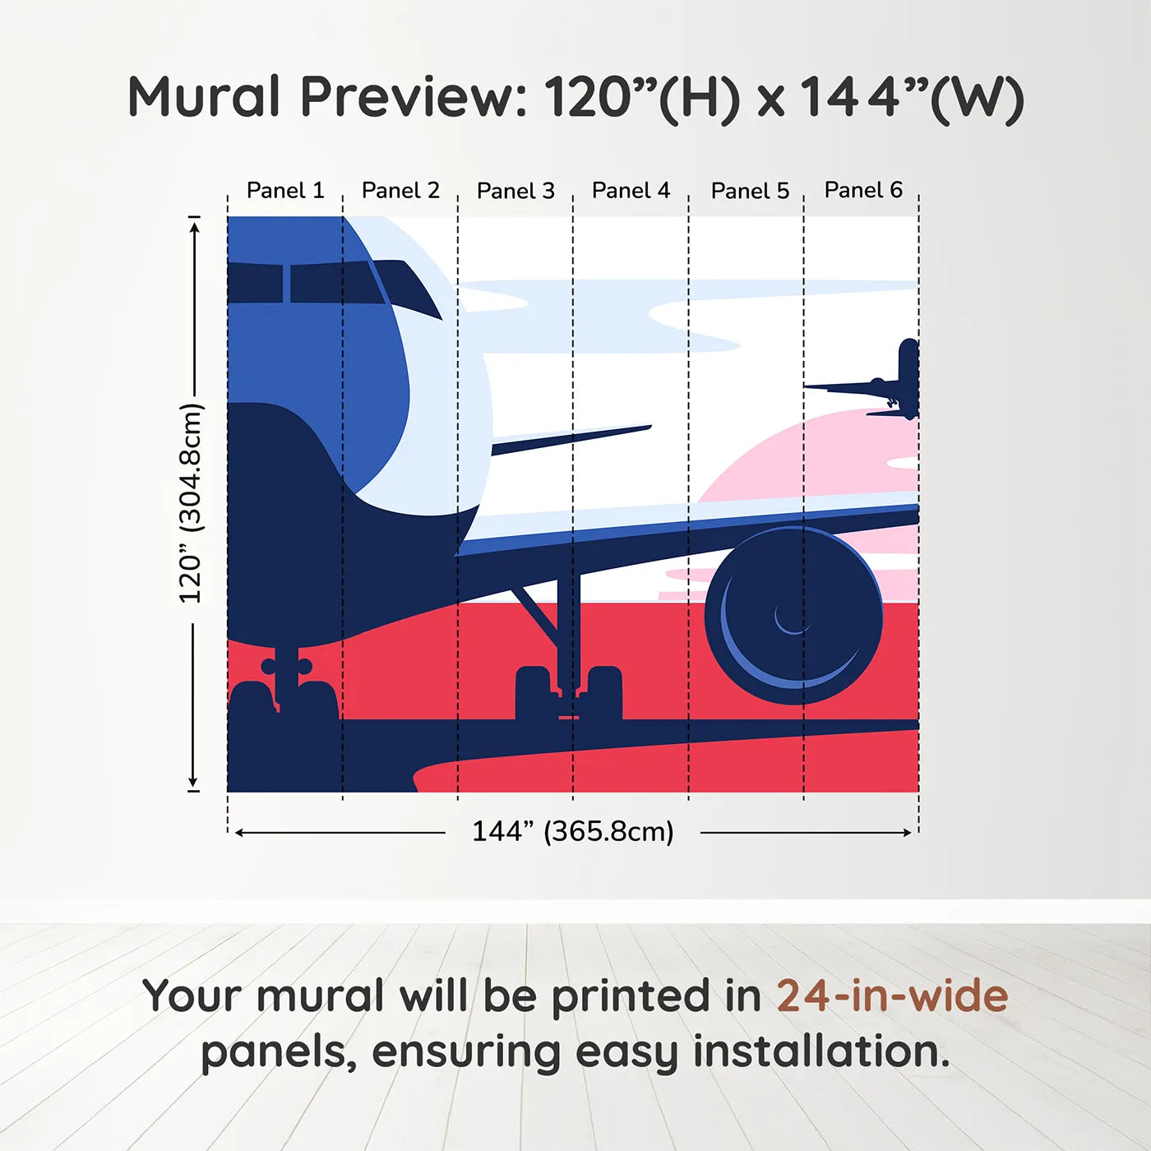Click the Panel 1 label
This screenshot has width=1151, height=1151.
pyautogui.click(x=285, y=191)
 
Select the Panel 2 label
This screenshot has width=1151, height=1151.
pyautogui.click(x=400, y=191)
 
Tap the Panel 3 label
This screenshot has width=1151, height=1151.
pyautogui.click(x=515, y=191)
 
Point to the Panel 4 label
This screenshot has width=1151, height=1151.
pyautogui.click(x=631, y=191)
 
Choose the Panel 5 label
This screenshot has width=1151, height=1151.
pyautogui.click(x=750, y=191)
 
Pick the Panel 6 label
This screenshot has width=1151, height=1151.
pyautogui.click(x=863, y=190)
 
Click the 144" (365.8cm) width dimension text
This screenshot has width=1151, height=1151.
pyautogui.click(x=572, y=831)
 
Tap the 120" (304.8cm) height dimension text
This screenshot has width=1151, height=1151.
pyautogui.click(x=191, y=503)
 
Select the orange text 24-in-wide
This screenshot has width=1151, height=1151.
pyautogui.click(x=891, y=996)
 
